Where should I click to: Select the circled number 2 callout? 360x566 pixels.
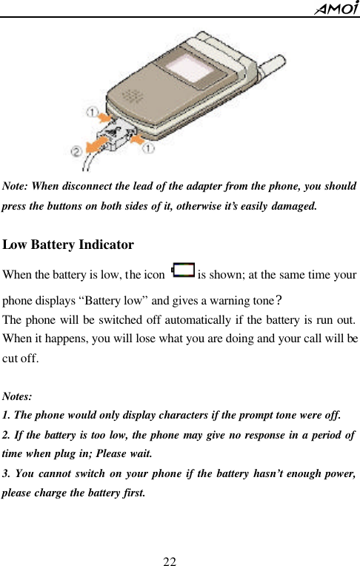[76, 150]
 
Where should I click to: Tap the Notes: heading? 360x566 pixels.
[18, 397]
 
